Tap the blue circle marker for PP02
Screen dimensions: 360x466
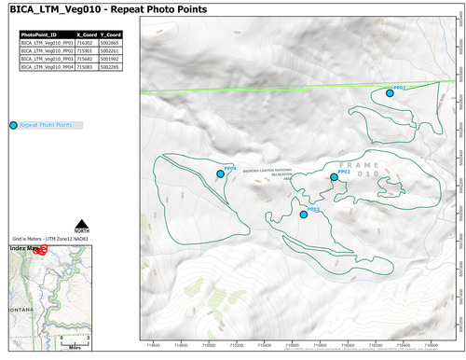point(334,177)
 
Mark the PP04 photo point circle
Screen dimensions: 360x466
point(220,173)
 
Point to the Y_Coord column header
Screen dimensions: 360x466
point(108,34)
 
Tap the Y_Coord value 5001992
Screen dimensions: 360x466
point(108,59)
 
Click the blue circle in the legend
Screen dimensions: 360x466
point(12,124)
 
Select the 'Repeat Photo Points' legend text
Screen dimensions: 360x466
point(46,124)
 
